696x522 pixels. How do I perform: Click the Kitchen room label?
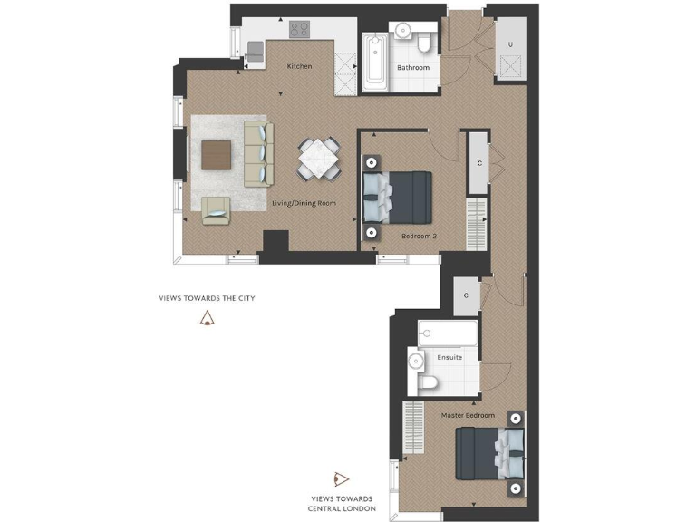pos(299,66)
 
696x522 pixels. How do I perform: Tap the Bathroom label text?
pos(412,68)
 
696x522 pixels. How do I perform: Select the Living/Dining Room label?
pos(304,203)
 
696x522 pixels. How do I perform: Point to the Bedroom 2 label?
pos(419,236)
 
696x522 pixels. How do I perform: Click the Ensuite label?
pos(449,357)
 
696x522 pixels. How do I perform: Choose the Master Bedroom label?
pos(468,415)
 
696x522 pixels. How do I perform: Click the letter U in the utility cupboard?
pos(510,44)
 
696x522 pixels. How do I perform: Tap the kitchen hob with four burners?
pos(300,30)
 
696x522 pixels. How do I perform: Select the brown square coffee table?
pos(217,155)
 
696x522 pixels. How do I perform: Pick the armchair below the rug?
pos(217,210)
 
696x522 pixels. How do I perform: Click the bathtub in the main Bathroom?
pos(374,62)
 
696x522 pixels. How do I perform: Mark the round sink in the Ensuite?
pos(416,361)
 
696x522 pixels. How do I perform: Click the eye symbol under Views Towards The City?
pos(208,317)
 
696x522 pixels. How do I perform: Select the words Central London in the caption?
pos(342,507)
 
